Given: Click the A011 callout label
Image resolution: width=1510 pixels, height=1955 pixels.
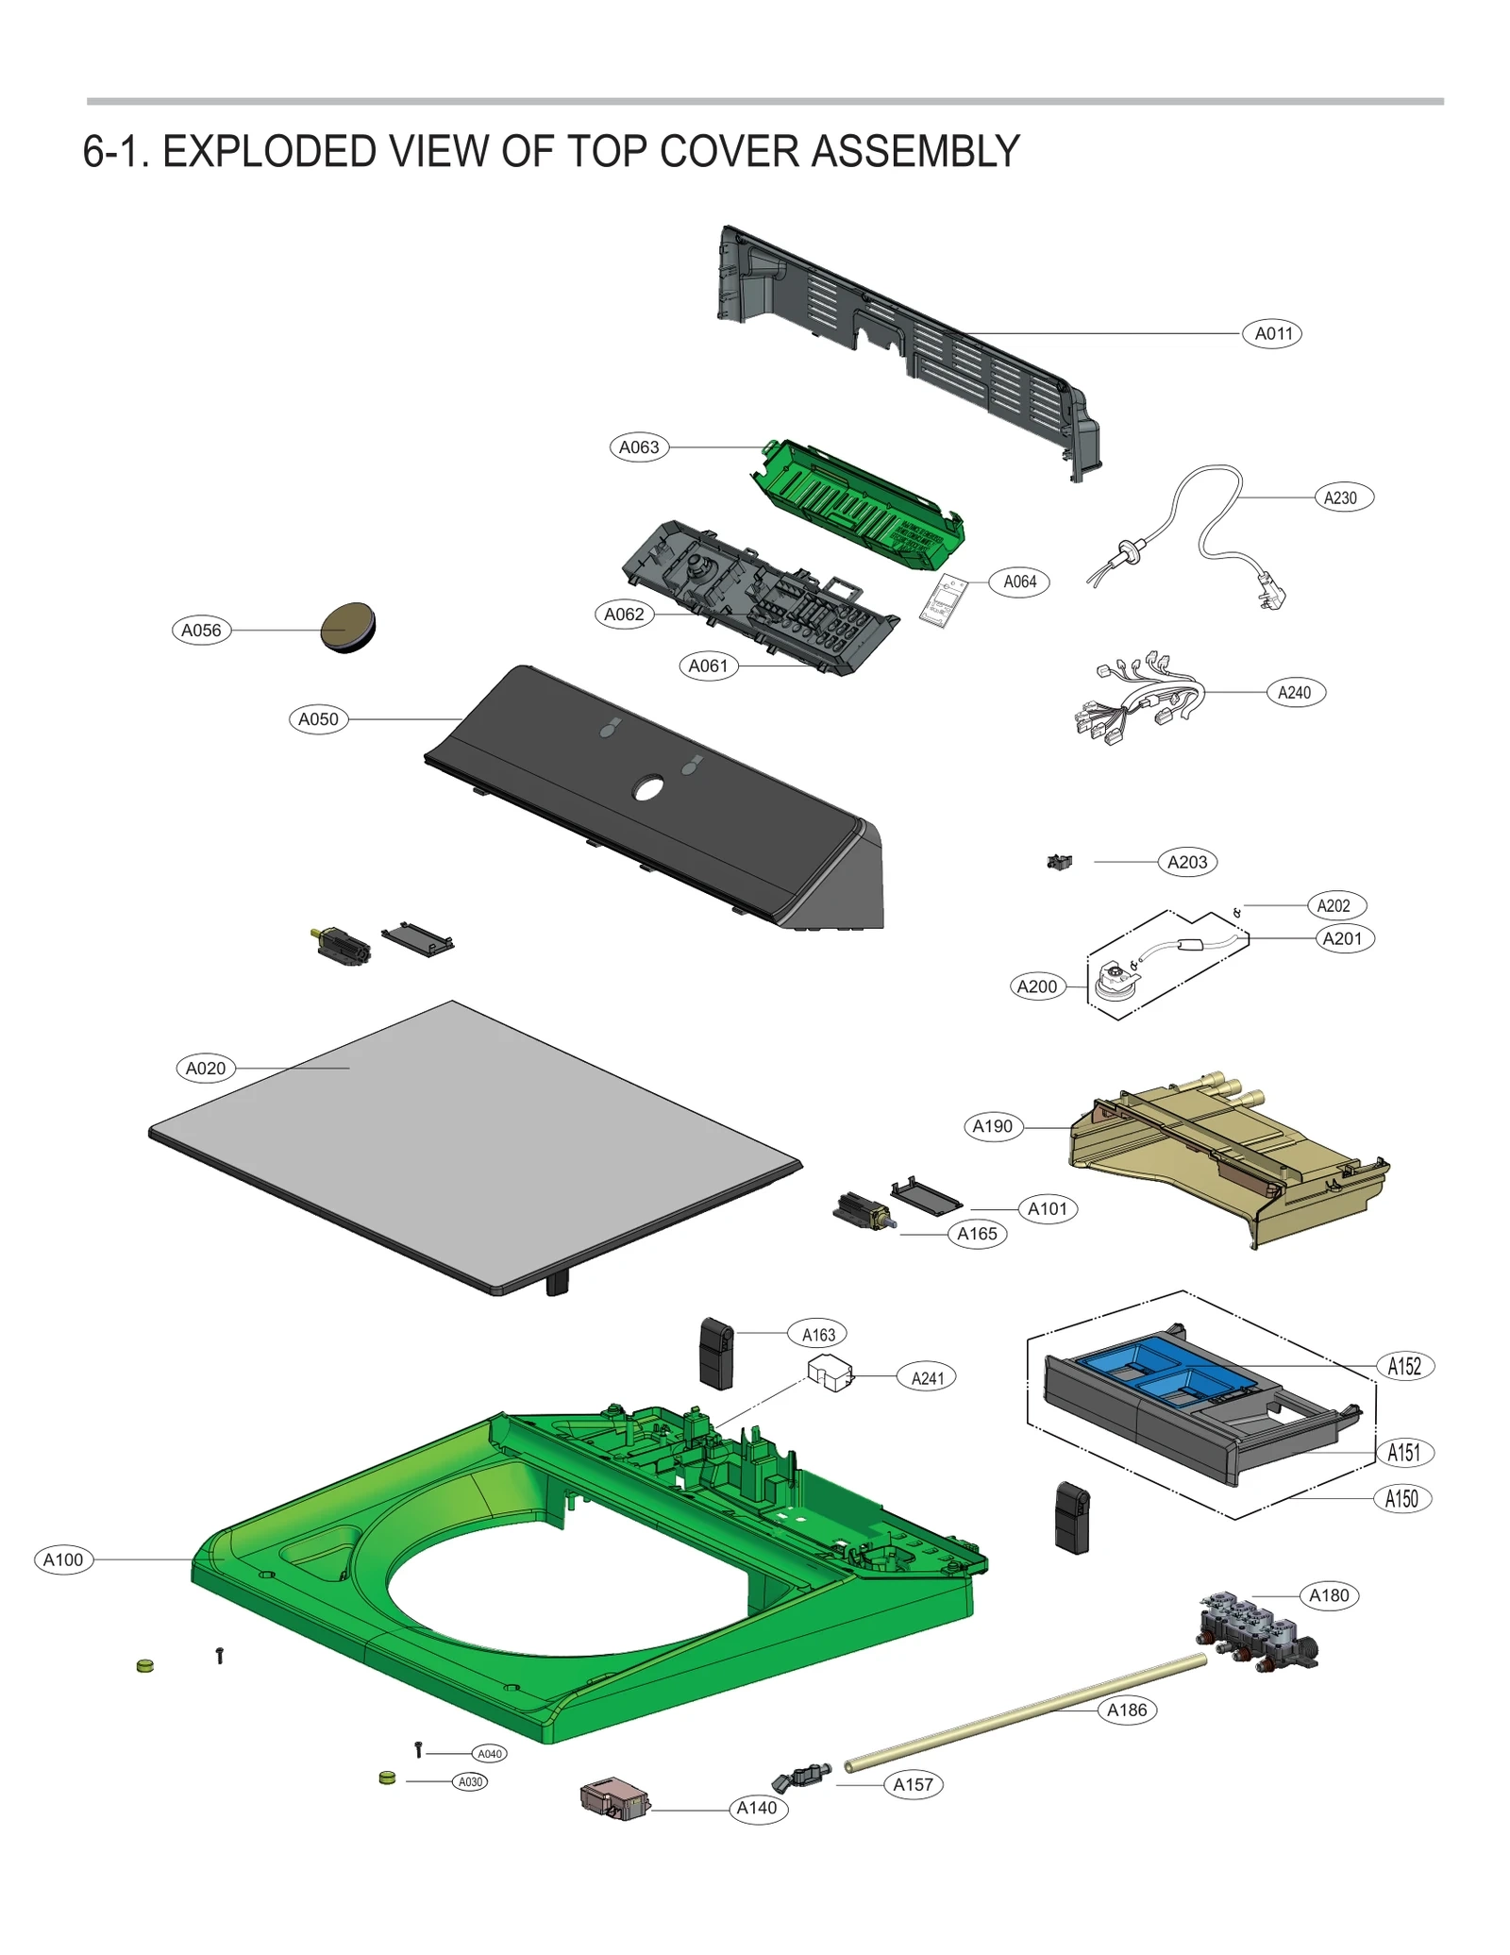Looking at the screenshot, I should click(1271, 333).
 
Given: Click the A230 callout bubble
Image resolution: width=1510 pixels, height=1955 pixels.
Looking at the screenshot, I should click(1343, 497).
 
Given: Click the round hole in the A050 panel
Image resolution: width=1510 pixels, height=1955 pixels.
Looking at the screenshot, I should click(648, 787).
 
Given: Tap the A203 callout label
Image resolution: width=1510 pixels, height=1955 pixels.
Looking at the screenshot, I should click(1186, 862).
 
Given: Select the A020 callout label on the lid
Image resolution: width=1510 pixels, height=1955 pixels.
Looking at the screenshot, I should click(206, 1068).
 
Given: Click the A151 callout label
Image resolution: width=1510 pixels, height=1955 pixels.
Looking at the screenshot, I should click(1403, 1452).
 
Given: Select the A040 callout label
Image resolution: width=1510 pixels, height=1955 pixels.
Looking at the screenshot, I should click(489, 1753).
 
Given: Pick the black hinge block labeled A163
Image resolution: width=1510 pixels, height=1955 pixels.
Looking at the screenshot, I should click(716, 1354).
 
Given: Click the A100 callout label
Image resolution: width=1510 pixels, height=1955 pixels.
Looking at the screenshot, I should click(63, 1559).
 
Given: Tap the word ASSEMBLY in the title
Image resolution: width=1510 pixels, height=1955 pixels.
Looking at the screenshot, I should click(914, 151).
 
